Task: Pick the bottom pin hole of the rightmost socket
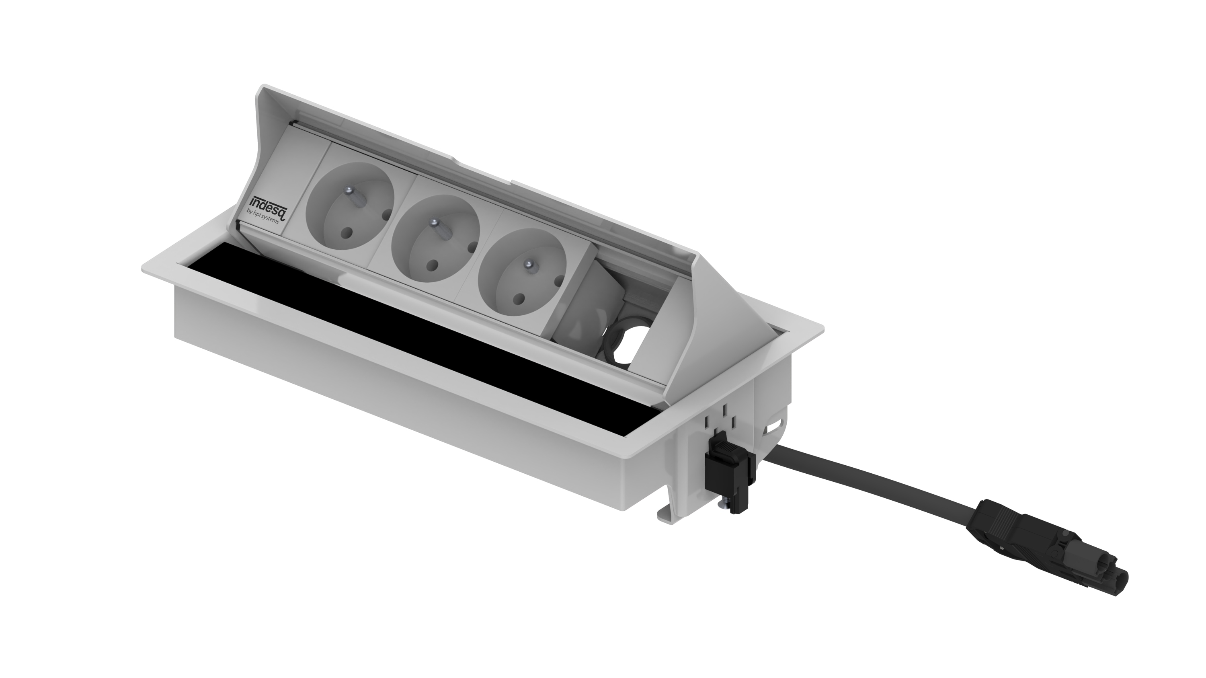pos(520,298)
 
